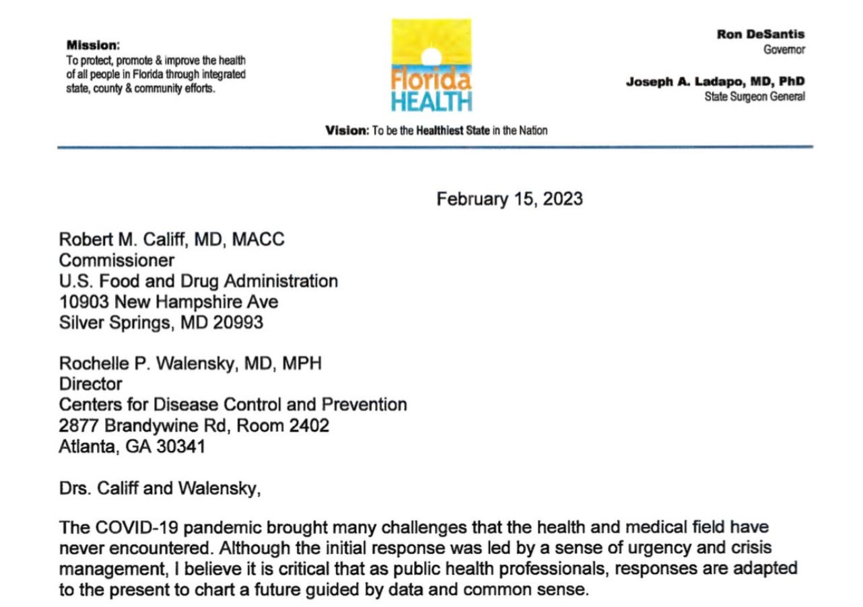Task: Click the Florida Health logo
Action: click(431, 65)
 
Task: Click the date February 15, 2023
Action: click(510, 199)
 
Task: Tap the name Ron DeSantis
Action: click(761, 34)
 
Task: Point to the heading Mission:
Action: click(93, 46)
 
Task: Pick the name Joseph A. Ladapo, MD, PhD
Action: click(716, 82)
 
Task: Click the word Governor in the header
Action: click(784, 49)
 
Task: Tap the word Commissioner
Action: click(116, 260)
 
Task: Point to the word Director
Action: click(91, 384)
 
